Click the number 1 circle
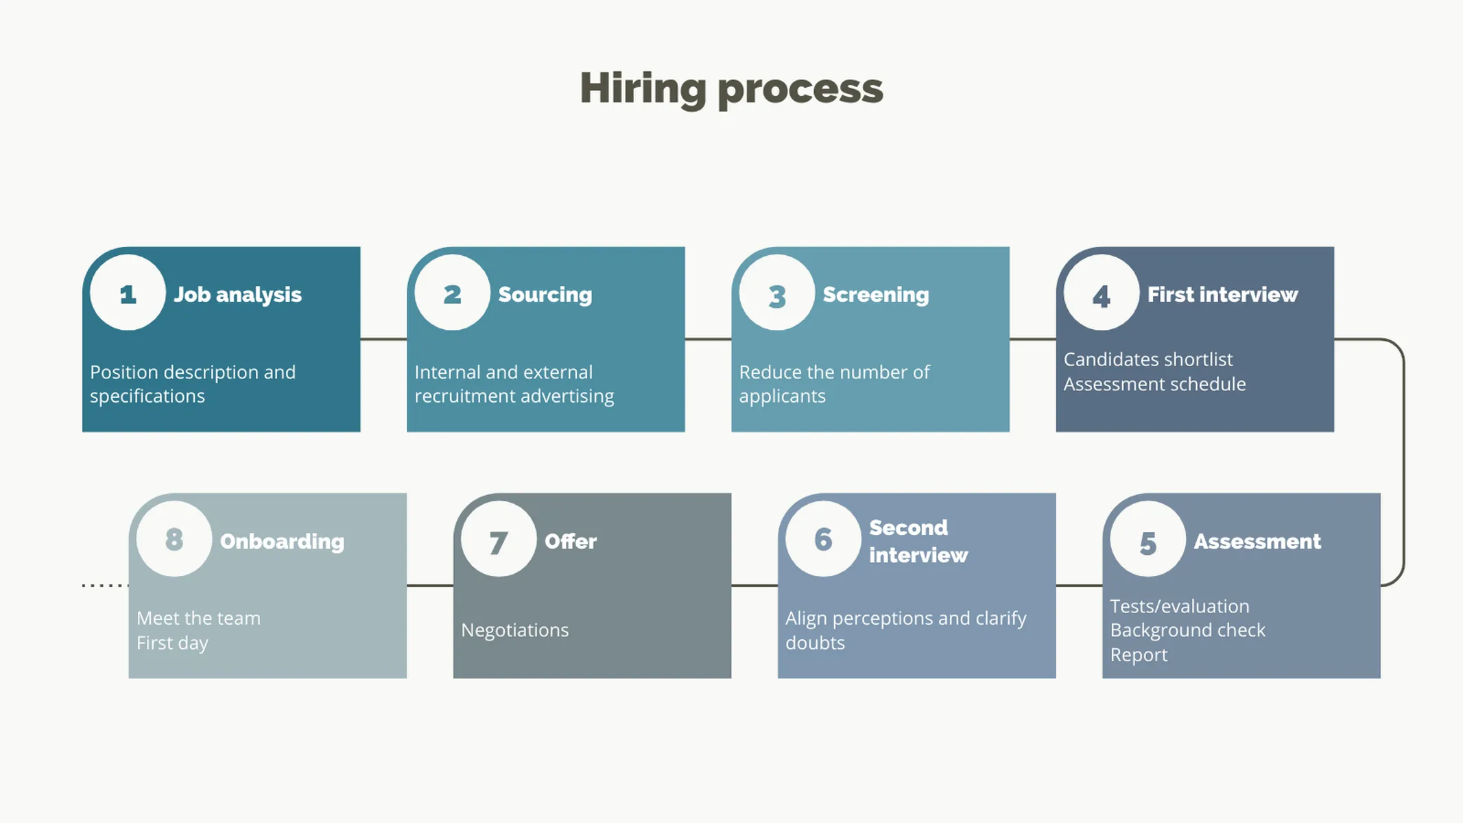[x=128, y=293]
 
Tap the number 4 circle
[x=1101, y=293]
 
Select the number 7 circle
[x=498, y=539]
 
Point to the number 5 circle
[x=1147, y=539]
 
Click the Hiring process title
[x=731, y=88]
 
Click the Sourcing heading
[x=545, y=294]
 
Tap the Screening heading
[x=875, y=294]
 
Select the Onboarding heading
[x=282, y=541]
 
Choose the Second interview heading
[x=918, y=541]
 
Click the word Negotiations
[x=514, y=630]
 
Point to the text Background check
[x=1187, y=630]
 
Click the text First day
[x=171, y=643]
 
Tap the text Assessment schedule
[x=1154, y=384]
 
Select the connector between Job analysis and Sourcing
[x=383, y=339]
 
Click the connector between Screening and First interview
[x=1032, y=339]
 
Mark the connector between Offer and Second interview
[x=754, y=586]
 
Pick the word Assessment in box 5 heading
[x=1257, y=541]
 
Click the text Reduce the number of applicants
[x=833, y=384]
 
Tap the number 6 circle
[x=823, y=539]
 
